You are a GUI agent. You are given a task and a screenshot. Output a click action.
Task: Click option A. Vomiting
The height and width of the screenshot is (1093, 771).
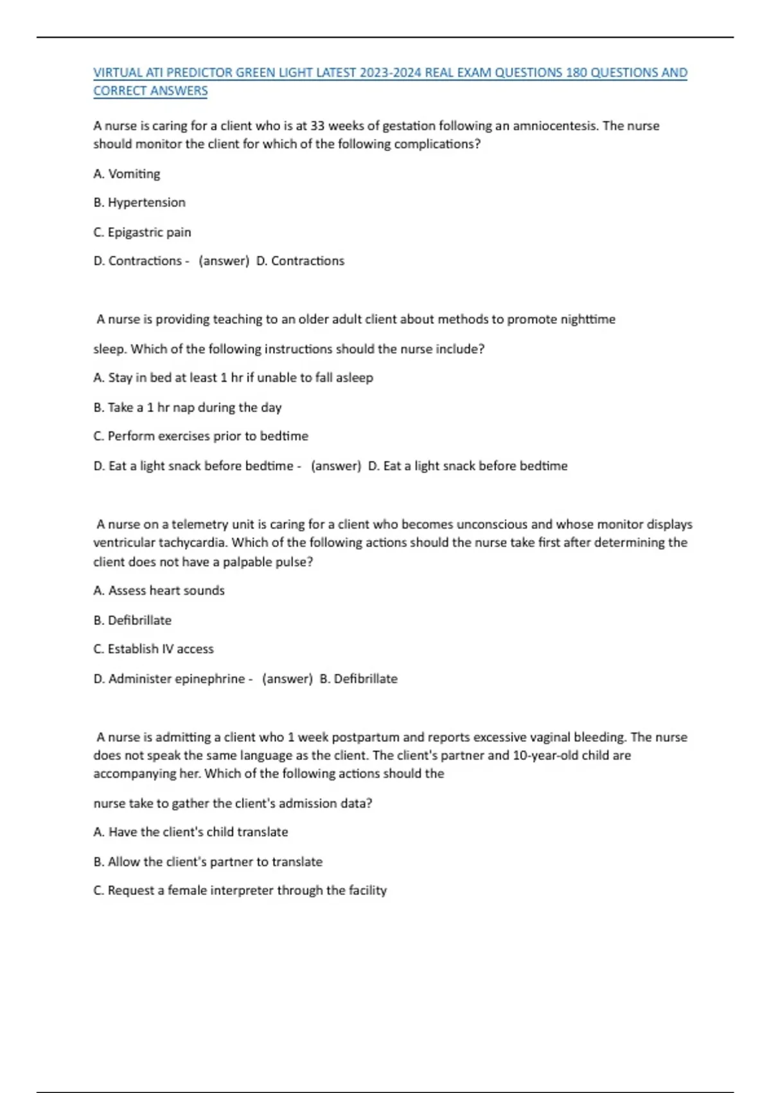127,174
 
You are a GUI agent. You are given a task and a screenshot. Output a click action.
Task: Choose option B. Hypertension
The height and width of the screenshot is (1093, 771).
139,203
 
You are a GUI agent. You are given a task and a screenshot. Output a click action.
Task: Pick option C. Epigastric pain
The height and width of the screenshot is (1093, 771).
142,232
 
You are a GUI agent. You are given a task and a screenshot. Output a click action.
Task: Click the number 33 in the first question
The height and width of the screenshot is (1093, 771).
317,126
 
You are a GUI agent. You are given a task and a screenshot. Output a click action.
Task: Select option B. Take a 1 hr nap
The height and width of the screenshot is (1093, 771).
187,408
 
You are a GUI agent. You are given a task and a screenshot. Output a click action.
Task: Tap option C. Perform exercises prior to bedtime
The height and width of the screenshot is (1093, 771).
200,436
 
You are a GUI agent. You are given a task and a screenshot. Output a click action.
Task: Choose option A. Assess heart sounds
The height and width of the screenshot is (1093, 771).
159,590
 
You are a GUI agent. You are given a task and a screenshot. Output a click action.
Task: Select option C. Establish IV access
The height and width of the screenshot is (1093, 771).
154,649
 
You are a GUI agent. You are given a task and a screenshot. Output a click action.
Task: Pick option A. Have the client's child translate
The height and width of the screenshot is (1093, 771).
191,832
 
